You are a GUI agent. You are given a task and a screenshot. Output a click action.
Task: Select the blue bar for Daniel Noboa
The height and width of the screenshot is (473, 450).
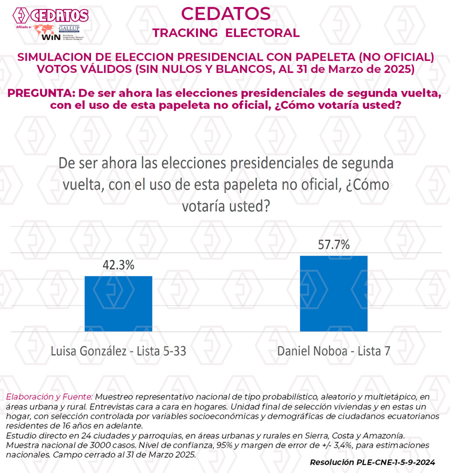(x=334, y=293)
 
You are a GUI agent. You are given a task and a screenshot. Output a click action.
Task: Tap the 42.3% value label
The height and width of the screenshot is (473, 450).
(x=118, y=265)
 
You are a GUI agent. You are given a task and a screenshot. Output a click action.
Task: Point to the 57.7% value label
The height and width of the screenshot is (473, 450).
(x=334, y=245)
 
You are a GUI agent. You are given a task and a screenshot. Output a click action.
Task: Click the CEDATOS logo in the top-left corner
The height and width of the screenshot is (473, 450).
(x=51, y=16)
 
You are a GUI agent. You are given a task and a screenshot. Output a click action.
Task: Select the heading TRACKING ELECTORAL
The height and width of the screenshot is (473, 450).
(x=226, y=33)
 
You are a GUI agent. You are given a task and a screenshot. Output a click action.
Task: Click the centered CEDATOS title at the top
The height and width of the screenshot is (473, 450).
(x=226, y=14)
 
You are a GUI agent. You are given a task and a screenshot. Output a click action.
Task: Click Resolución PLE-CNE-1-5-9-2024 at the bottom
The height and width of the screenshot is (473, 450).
(x=372, y=462)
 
